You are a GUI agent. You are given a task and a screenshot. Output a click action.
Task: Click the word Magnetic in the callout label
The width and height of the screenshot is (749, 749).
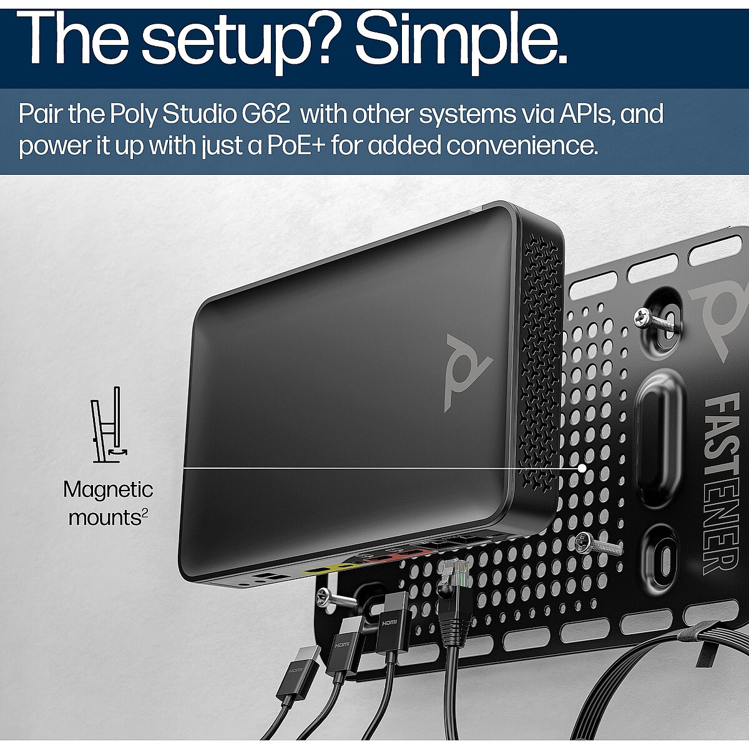tap(109, 490)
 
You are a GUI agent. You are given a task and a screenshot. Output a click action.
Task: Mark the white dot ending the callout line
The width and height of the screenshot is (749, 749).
tap(582, 468)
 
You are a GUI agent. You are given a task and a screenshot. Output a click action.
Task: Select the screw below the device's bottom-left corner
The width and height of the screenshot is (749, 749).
tap(337, 599)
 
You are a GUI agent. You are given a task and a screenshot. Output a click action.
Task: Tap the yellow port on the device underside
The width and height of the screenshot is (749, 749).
tap(326, 571)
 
